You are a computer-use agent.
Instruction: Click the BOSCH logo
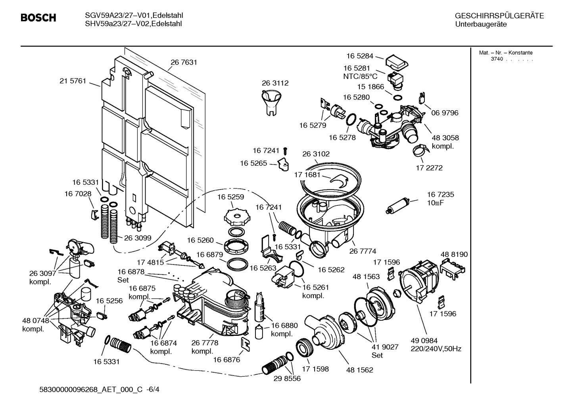pyautogui.click(x=38, y=18)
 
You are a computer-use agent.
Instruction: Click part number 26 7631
pyautogui.click(x=184, y=62)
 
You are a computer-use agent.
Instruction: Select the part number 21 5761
pyautogui.click(x=73, y=81)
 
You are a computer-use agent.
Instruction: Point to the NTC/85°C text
pyautogui.click(x=360, y=77)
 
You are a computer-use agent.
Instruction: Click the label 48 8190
pyautogui.click(x=454, y=254)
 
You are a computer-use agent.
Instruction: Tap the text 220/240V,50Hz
pyautogui.click(x=436, y=349)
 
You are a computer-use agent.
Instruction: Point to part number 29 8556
pyautogui.click(x=287, y=378)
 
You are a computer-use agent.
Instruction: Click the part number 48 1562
pyautogui.click(x=360, y=370)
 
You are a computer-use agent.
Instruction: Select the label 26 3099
pyautogui.click(x=138, y=238)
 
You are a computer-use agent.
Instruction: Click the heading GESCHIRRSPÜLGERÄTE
pyautogui.click(x=499, y=16)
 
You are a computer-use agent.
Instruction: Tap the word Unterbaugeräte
pyautogui.click(x=481, y=25)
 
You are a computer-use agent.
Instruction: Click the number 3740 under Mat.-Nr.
pyautogui.click(x=497, y=59)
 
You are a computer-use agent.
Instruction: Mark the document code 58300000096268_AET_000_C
pyautogui.click(x=91, y=390)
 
